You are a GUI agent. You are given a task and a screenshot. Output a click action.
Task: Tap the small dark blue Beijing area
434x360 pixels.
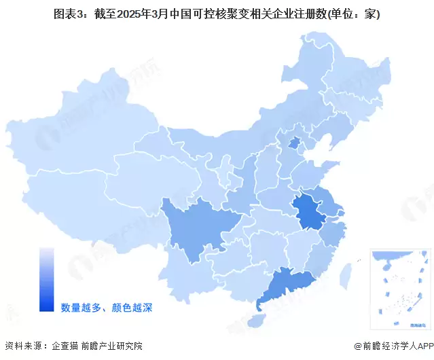pos(295,143)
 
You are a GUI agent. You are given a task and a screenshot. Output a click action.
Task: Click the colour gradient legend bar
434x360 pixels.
pos(46,279)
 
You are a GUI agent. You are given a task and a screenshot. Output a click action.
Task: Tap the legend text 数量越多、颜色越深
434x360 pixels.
pos(106,308)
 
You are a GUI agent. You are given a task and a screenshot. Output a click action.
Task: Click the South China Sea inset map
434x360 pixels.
pos(400,279)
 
